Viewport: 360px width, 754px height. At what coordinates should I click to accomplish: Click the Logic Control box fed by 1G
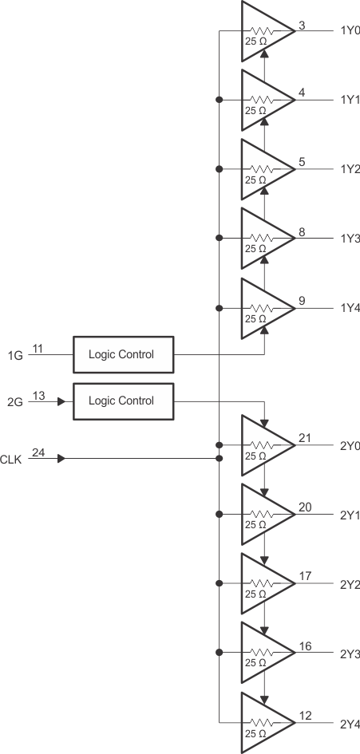[124, 354]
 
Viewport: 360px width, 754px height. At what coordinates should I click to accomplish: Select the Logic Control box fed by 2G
[124, 401]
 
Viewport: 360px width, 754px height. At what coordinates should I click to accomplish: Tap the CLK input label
[11, 460]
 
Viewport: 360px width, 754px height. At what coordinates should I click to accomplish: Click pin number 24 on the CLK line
[38, 452]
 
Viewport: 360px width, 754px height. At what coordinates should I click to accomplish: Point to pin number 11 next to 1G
[38, 348]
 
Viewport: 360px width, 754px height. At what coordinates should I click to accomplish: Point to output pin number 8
[301, 232]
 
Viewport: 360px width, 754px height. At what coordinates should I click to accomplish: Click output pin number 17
[303, 576]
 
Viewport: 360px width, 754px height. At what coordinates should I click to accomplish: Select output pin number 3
[301, 25]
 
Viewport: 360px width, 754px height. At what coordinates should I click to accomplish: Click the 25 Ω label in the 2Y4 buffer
[255, 732]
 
